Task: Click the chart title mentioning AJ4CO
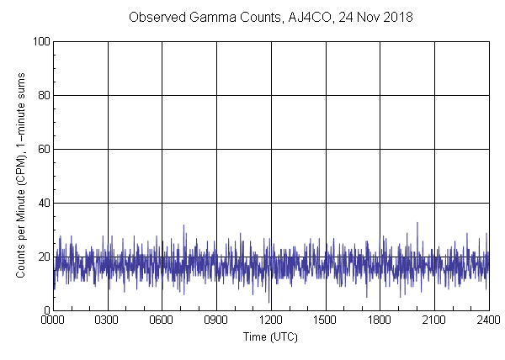tap(270, 17)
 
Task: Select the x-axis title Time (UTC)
tap(270, 336)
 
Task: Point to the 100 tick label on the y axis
tap(40, 41)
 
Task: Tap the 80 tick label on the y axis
tap(43, 95)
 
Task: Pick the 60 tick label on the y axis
tap(43, 149)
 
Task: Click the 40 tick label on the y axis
tap(43, 203)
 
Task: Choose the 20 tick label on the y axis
tap(43, 257)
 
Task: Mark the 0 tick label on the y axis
tap(46, 310)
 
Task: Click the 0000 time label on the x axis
tap(53, 320)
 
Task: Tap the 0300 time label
tap(108, 320)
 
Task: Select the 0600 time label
tap(162, 320)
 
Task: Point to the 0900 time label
tap(216, 320)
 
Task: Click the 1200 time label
tap(271, 320)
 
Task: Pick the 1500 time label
tap(325, 320)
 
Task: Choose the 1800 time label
tap(380, 320)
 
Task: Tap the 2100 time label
tap(433, 320)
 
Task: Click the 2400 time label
tap(488, 320)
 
